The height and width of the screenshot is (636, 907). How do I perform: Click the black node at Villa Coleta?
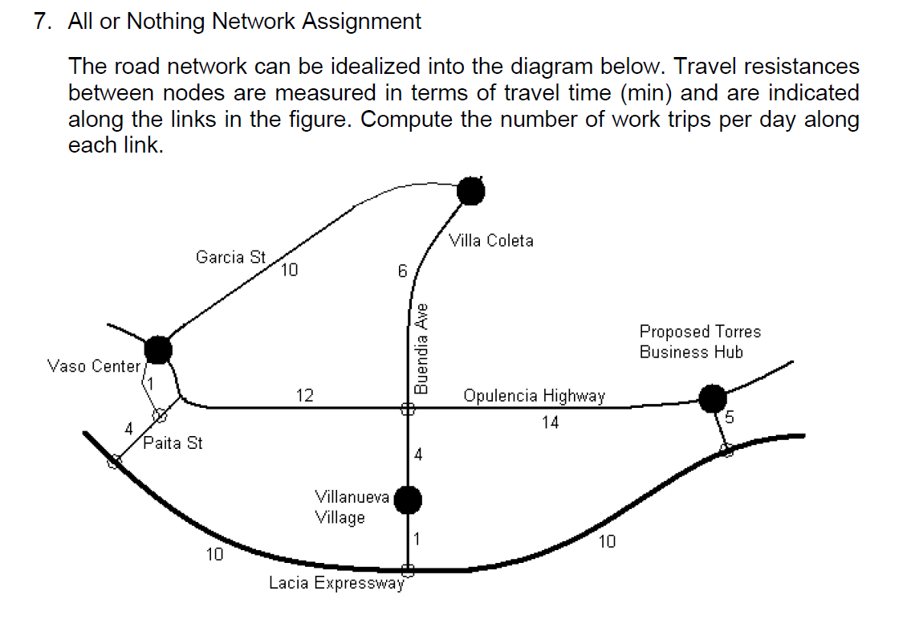[x=471, y=191]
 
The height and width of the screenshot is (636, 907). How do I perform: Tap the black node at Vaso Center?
[x=159, y=349]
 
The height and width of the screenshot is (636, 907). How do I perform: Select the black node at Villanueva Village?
[x=408, y=499]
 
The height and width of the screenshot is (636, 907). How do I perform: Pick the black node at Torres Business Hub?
[x=712, y=397]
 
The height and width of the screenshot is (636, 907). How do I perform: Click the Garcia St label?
[x=230, y=257]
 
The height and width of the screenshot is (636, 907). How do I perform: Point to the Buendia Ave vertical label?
[x=421, y=348]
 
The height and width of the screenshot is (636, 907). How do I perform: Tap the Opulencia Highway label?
[x=534, y=395]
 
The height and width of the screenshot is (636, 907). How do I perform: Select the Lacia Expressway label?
[x=336, y=583]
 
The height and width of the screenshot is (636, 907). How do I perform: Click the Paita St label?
[x=173, y=442]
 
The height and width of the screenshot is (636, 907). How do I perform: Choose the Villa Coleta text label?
[x=491, y=240]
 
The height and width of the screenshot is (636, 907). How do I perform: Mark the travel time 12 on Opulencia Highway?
[x=304, y=395]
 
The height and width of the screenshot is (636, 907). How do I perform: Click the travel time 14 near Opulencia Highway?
[x=549, y=422]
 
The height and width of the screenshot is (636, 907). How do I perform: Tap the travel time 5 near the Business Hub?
[x=730, y=418]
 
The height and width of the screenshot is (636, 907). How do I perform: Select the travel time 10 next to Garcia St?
[x=289, y=271]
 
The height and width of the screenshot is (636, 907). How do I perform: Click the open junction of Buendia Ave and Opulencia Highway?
[x=408, y=409]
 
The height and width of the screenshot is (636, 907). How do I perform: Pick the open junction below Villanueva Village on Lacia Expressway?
[x=408, y=569]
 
